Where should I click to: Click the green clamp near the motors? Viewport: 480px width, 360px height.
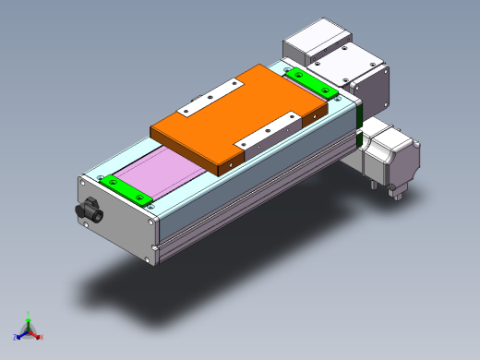tap(310, 81)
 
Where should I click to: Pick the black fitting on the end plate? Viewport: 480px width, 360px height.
tap(90, 210)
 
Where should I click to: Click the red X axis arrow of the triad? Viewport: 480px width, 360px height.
tap(40, 337)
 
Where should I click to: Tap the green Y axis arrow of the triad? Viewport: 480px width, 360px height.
tap(29, 316)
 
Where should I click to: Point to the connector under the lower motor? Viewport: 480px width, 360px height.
tap(398, 191)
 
